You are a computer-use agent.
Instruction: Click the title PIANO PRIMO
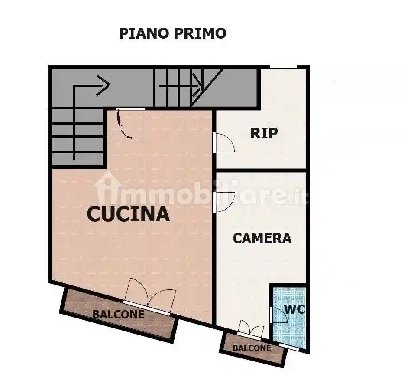point(172,33)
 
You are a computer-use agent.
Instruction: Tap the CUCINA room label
point(128,214)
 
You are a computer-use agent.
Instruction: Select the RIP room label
point(264,133)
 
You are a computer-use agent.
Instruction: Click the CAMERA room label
point(262,238)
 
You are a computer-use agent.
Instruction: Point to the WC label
point(294,310)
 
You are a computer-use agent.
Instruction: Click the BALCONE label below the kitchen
point(118,314)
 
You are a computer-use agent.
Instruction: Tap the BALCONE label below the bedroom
point(252,348)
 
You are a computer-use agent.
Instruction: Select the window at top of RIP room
point(283,66)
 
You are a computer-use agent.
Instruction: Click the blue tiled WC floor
point(289,330)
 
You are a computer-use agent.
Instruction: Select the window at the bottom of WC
point(289,346)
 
